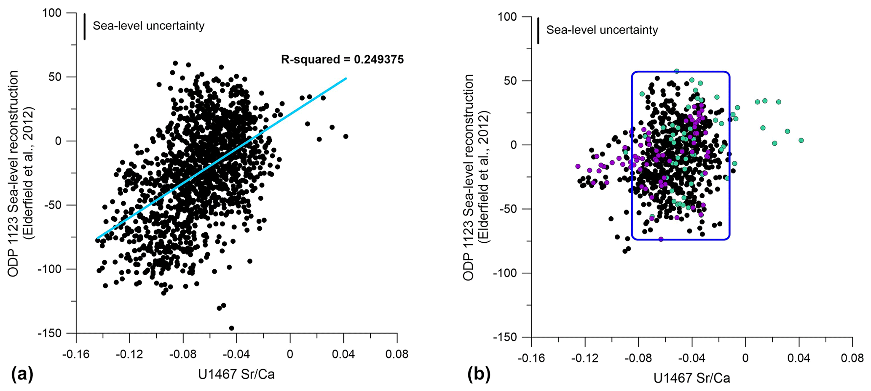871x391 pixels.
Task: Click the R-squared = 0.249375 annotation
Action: pos(342,60)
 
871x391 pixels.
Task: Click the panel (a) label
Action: pos(22,373)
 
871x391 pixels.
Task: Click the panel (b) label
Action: pos(479,374)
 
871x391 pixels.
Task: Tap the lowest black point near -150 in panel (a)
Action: pos(231,328)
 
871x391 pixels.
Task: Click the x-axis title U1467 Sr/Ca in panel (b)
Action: pos(691,378)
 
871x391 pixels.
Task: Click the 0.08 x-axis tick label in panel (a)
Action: pos(397,354)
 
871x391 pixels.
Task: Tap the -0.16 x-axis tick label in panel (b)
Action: pos(531,358)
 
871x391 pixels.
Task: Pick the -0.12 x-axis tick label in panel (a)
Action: pos(129,354)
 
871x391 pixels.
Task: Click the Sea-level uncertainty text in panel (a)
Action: pos(148,26)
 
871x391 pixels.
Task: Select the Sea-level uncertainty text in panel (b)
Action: pos(602,30)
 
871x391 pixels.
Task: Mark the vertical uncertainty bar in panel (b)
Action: pos(538,30)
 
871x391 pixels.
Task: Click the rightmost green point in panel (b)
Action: pos(801,140)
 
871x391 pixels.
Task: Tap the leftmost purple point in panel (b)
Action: pos(578,166)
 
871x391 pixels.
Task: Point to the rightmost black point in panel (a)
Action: pos(346,136)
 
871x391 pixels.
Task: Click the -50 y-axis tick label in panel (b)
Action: pos(509,209)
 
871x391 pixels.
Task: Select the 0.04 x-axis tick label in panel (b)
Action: pos(799,358)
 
